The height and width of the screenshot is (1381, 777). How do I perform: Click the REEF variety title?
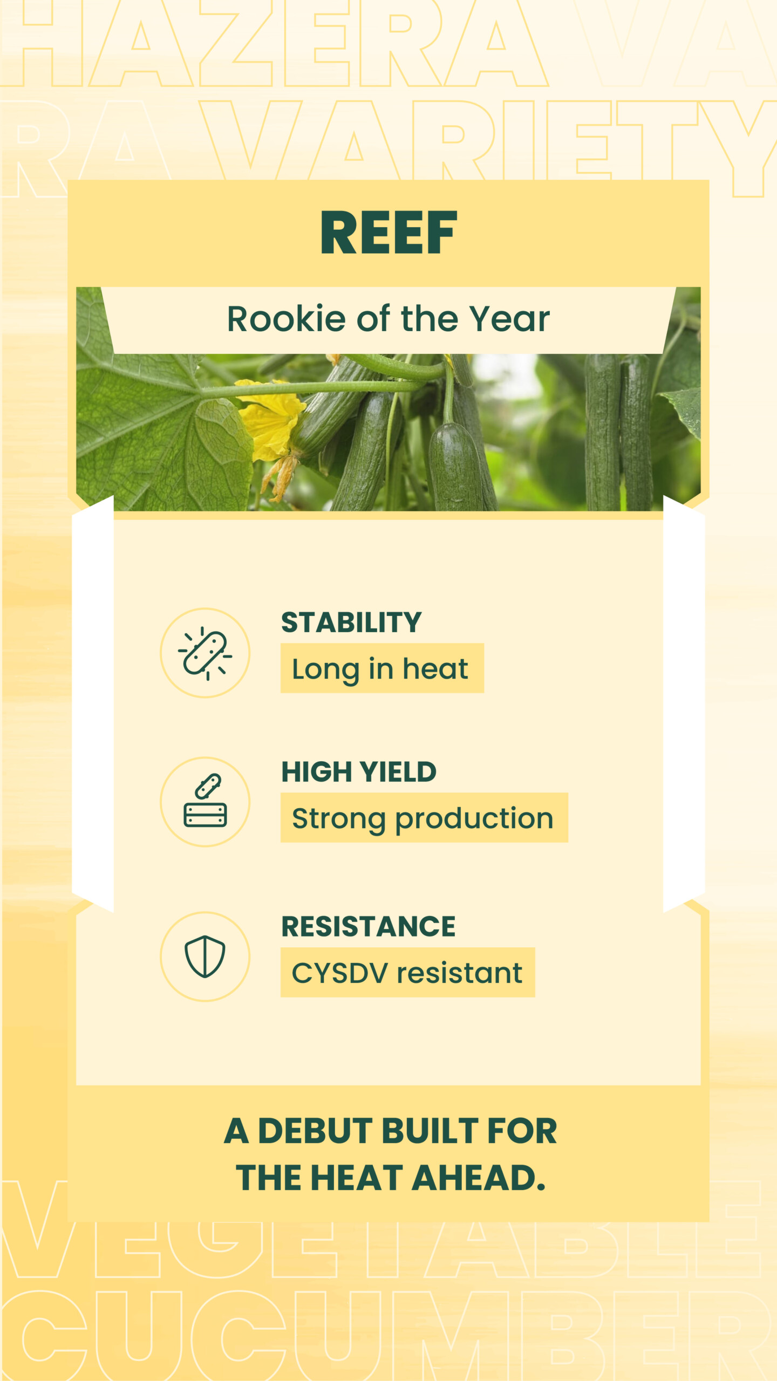point(388,233)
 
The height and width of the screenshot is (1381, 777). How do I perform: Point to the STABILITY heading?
point(351,622)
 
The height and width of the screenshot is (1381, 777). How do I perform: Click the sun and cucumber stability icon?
point(205,653)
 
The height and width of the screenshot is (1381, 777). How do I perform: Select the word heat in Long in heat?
point(435,669)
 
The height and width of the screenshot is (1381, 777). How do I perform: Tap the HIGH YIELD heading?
point(359,771)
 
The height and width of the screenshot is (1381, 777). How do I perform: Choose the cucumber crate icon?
point(205,801)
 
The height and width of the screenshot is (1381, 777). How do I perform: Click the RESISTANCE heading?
point(369,926)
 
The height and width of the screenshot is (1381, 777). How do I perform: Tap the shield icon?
point(205,956)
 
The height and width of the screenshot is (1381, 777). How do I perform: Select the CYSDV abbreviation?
point(340,973)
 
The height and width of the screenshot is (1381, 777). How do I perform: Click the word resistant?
point(460,973)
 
